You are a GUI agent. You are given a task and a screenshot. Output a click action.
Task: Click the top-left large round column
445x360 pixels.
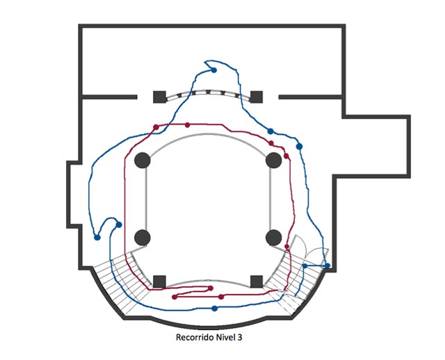pos(142,161)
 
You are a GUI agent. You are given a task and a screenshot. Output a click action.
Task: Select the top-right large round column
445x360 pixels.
pos(273,161)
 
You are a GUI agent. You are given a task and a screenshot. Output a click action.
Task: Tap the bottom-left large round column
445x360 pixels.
pos(142,238)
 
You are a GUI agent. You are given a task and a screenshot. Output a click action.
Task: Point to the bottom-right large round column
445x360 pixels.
pos(273,238)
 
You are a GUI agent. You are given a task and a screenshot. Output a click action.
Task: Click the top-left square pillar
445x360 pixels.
pos(159,96)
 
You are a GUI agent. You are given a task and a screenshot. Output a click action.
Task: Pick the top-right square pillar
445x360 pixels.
pos(256,96)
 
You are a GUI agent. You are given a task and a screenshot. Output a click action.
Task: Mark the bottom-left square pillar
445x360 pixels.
pos(159,281)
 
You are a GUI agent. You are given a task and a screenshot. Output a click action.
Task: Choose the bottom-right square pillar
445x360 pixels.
pos(256,281)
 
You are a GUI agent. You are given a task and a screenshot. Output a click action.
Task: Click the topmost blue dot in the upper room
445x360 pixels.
pos(214,70)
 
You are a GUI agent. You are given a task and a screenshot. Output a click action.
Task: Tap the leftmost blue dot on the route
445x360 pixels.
pos(97,238)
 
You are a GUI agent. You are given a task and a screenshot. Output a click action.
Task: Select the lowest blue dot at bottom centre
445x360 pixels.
pos(214,308)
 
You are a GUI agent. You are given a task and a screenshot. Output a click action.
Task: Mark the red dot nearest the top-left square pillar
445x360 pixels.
pos(154,127)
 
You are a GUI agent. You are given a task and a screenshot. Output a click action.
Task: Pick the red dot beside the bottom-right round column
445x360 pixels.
pos(287,247)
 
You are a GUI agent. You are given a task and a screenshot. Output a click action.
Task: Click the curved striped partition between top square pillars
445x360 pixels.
pos(207,92)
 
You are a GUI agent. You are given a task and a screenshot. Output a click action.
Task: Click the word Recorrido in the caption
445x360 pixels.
pos(195,338)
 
